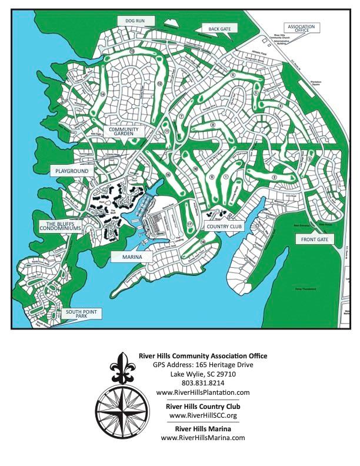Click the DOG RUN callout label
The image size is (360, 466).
point(135,21)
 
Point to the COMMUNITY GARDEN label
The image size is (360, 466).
point(122,131)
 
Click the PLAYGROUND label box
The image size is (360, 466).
point(72,171)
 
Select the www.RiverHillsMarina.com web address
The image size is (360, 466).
point(202,438)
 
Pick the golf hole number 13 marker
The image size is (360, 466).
point(132,52)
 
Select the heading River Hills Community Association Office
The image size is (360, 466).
point(202,355)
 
